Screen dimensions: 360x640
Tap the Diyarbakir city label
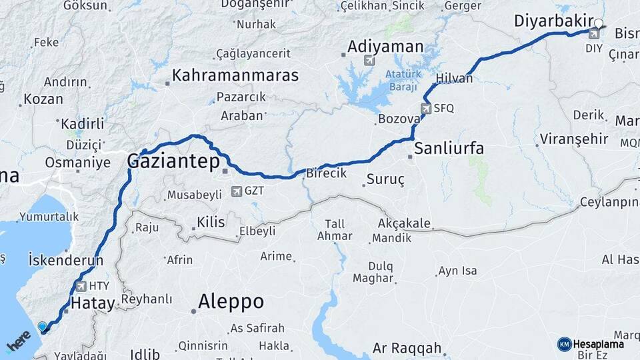click(x=553, y=21)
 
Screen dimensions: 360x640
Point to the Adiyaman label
click(x=385, y=47)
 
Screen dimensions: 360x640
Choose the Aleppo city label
click(x=231, y=302)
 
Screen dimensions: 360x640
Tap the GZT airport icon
click(x=236, y=191)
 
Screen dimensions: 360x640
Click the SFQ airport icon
click(x=425, y=108)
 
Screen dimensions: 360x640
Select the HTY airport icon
click(x=81, y=287)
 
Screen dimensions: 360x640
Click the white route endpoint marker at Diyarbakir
click(x=598, y=25)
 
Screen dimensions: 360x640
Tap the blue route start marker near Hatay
click(x=43, y=327)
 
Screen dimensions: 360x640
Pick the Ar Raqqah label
click(x=407, y=348)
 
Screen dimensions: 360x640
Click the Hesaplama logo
click(x=591, y=344)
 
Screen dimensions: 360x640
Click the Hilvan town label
click(x=454, y=79)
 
